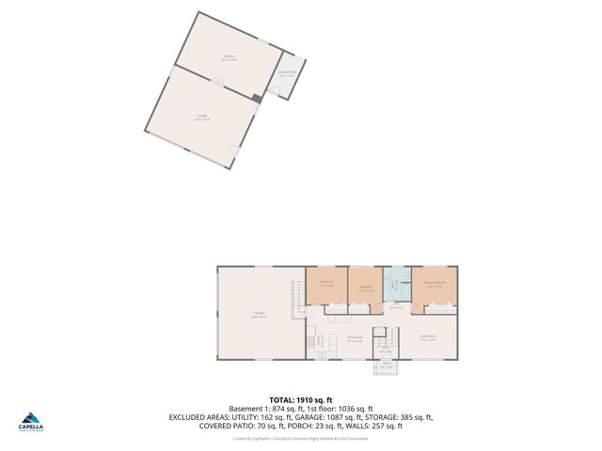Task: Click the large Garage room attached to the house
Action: (x=258, y=315)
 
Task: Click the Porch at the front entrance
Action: (x=387, y=365)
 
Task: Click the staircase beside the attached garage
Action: (x=300, y=294)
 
